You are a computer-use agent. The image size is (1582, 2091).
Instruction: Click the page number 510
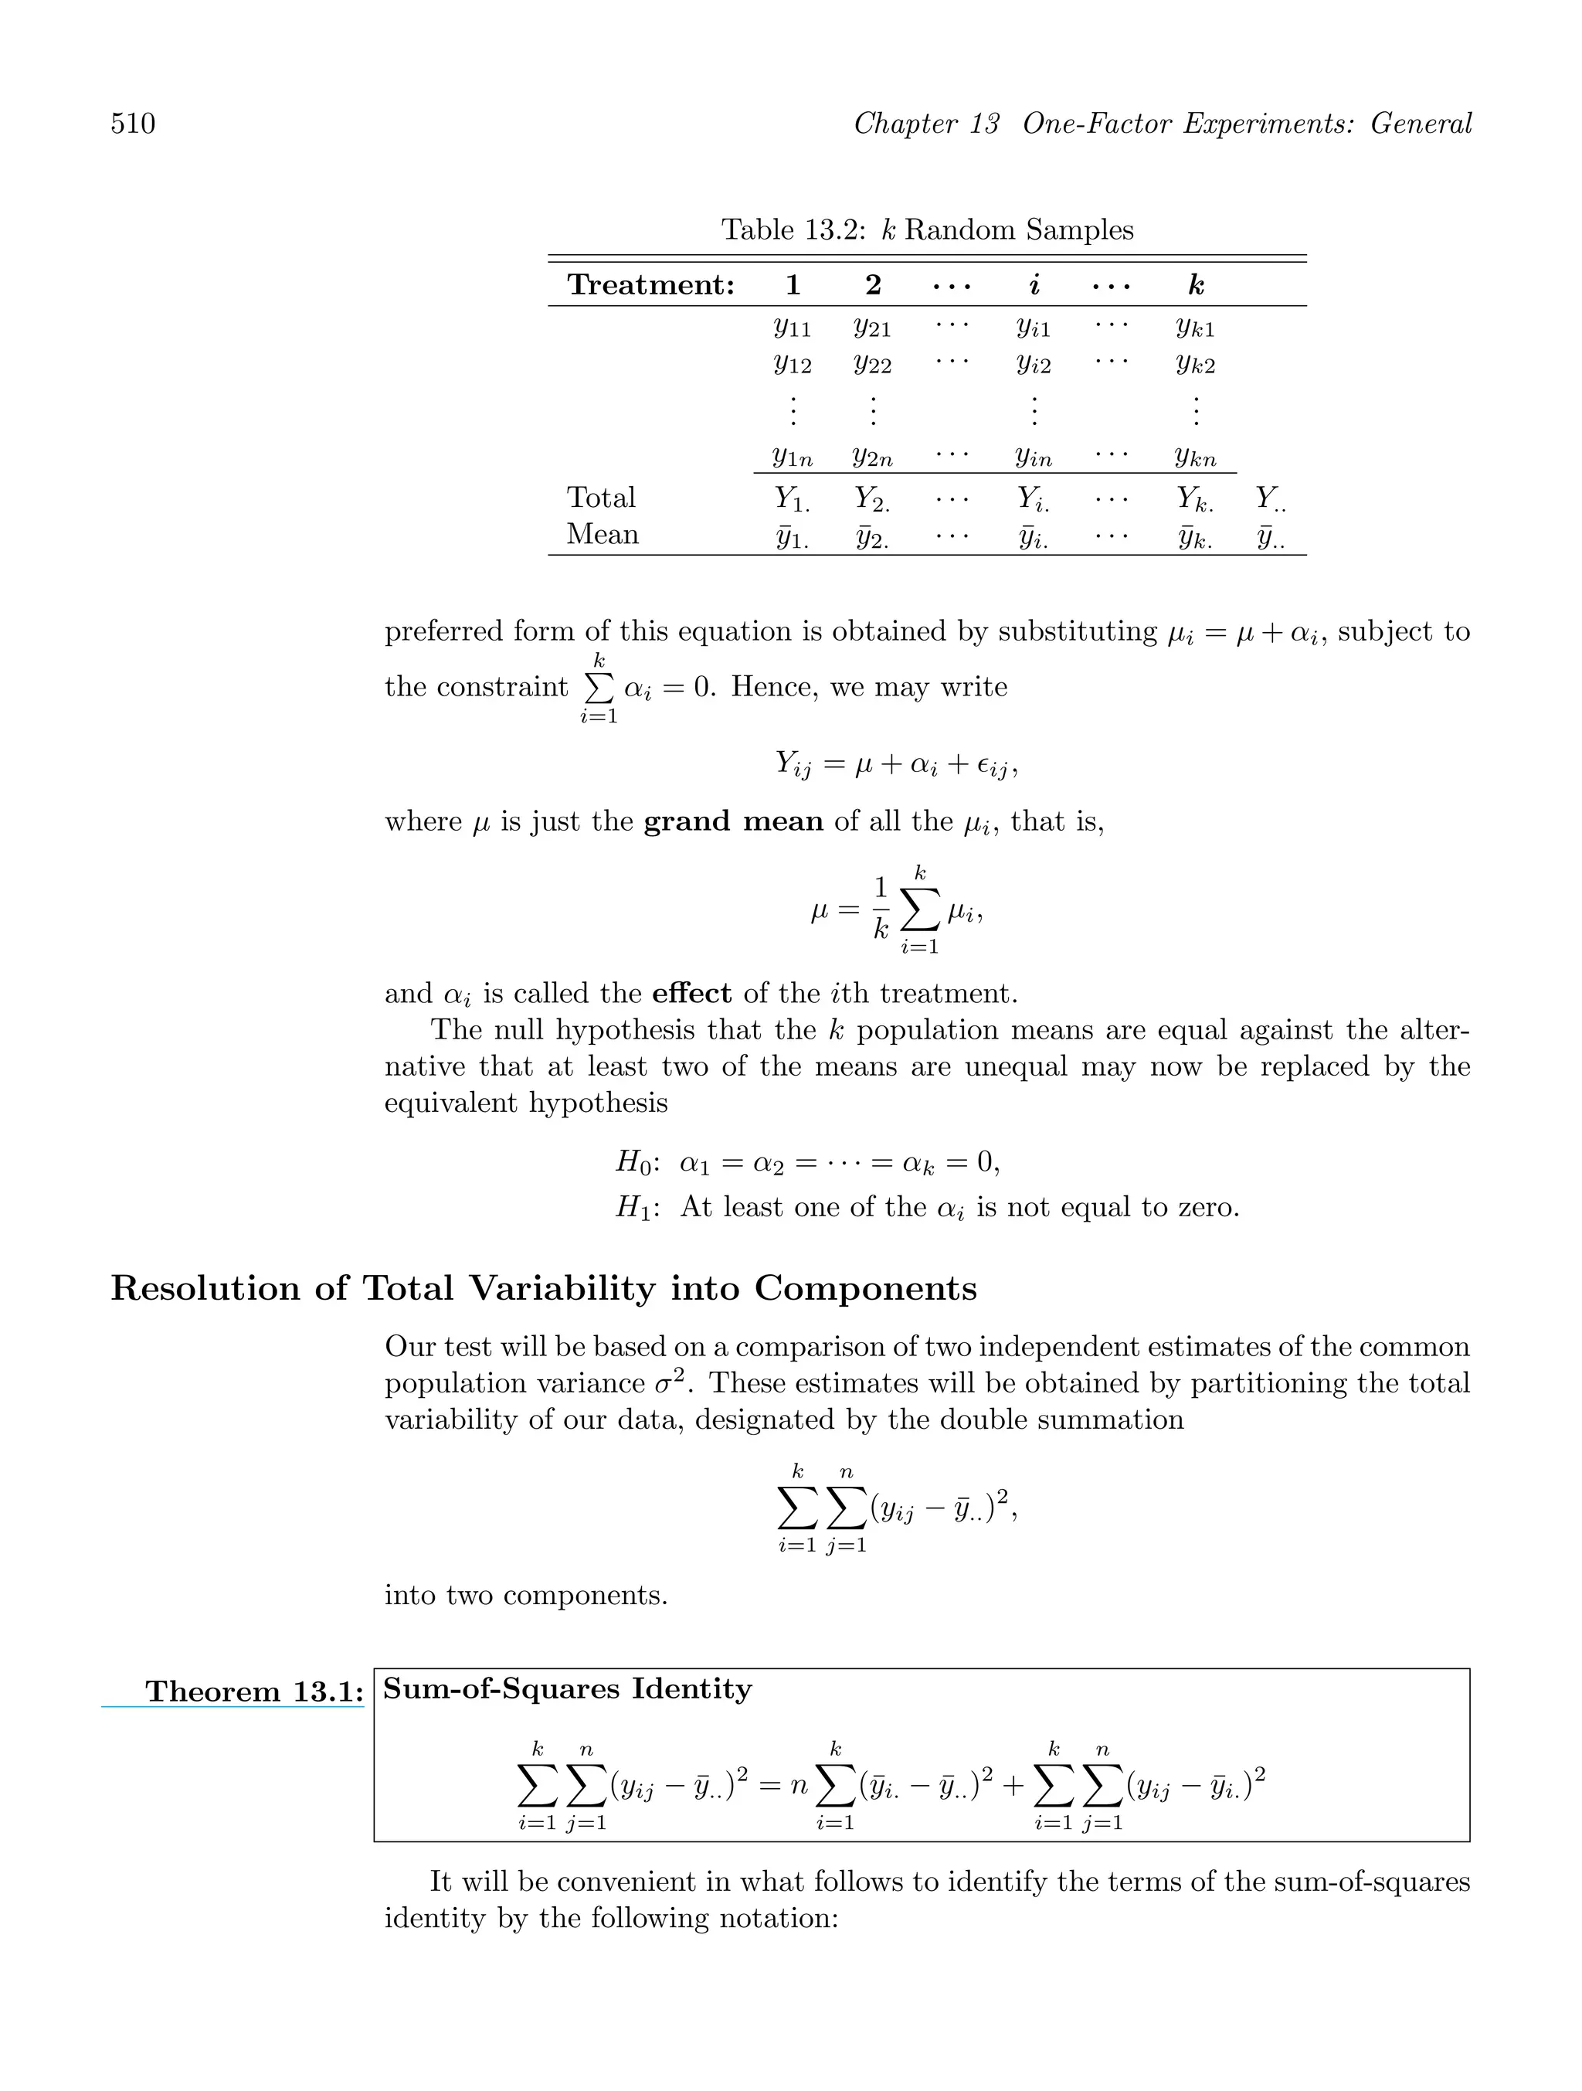click(x=134, y=124)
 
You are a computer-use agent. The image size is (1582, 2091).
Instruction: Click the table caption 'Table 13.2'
click(x=792, y=229)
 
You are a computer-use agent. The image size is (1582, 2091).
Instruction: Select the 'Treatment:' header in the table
click(x=650, y=285)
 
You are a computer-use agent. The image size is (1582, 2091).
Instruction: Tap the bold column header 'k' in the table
click(x=1196, y=285)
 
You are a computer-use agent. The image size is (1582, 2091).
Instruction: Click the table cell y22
click(x=872, y=365)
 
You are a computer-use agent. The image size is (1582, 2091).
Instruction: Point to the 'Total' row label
click(x=601, y=498)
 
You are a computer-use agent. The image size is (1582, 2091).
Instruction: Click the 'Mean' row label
click(x=603, y=535)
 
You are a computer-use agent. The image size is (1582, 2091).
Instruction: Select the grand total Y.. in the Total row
click(x=1270, y=499)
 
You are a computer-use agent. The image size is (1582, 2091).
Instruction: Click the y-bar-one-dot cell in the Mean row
click(x=792, y=538)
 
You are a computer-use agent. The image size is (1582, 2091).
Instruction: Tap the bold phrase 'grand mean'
click(x=733, y=821)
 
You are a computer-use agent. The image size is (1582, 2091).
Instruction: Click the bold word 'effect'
click(x=692, y=994)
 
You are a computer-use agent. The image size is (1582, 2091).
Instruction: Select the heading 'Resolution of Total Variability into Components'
click(x=543, y=1288)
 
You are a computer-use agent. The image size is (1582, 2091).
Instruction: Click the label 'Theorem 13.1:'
click(x=254, y=1692)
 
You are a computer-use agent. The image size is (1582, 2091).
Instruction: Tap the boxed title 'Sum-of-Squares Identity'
click(x=567, y=1689)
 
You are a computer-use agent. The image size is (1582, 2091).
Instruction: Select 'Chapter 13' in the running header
click(x=925, y=124)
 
